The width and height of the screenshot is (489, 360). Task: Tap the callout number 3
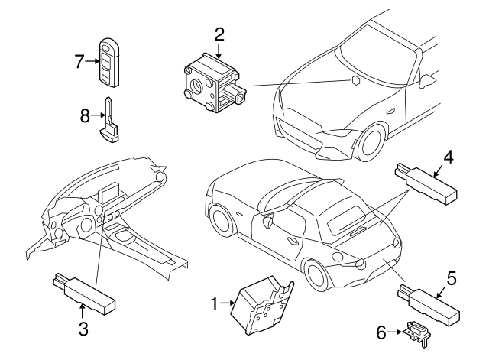pyautogui.click(x=83, y=329)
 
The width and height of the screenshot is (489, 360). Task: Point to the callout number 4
pyautogui.click(x=449, y=157)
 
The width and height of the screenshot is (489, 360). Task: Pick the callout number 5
pyautogui.click(x=452, y=280)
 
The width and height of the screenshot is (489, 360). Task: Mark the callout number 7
pyautogui.click(x=79, y=60)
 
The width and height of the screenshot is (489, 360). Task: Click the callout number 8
pyautogui.click(x=85, y=116)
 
